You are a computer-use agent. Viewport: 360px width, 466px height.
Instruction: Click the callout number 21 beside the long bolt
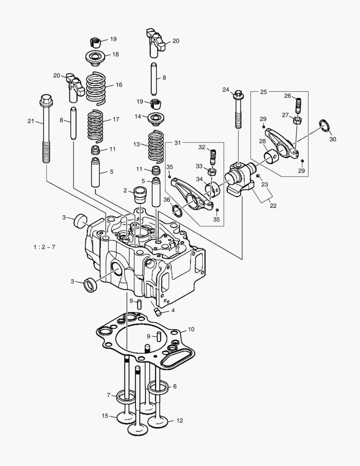tap(30, 121)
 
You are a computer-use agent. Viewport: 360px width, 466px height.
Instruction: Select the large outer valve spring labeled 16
tap(96, 88)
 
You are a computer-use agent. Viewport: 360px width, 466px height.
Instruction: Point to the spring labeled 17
tap(96, 125)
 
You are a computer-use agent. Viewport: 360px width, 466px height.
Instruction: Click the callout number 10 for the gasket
tap(191, 329)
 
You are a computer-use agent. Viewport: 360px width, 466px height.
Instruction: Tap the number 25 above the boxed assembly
tap(264, 91)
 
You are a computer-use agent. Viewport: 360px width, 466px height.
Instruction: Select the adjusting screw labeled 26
tap(297, 105)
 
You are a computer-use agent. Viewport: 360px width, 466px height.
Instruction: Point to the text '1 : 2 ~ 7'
tap(44, 247)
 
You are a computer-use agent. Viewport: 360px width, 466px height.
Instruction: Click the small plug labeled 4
tap(158, 312)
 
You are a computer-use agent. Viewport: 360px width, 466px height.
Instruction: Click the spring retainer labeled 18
tap(96, 57)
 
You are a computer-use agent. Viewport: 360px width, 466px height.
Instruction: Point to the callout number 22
tap(272, 206)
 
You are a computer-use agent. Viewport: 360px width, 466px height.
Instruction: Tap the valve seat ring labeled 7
tap(126, 395)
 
